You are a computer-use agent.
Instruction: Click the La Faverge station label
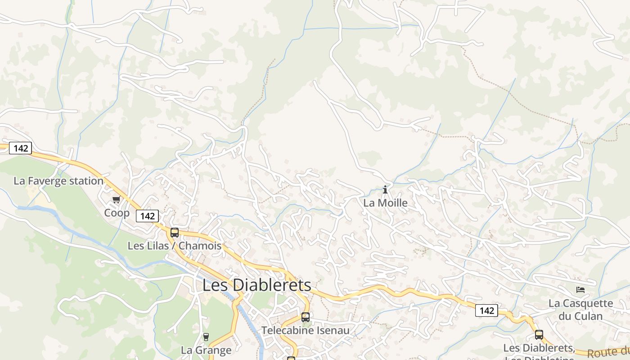click(58, 181)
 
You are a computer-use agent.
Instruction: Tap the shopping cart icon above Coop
click(117, 199)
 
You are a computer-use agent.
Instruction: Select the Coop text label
click(117, 213)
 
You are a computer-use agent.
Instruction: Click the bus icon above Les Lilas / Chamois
click(175, 233)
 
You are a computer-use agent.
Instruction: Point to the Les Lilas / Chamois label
click(175, 246)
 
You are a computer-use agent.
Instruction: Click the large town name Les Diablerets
click(256, 285)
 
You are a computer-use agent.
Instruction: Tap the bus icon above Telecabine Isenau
click(306, 317)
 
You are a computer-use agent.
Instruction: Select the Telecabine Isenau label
click(306, 331)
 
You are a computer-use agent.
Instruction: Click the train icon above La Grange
click(206, 337)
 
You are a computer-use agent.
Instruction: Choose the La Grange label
click(206, 350)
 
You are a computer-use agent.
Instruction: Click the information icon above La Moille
click(385, 190)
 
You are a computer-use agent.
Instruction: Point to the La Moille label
click(385, 203)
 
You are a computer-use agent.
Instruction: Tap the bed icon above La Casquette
click(580, 290)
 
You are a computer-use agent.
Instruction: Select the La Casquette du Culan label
click(580, 310)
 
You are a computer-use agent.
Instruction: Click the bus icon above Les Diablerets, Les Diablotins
click(539, 335)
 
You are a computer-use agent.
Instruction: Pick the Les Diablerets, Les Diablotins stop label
click(539, 349)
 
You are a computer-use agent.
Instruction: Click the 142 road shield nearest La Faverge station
click(21, 148)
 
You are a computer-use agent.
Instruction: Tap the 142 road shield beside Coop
click(148, 216)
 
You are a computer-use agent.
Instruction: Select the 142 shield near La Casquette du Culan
click(487, 310)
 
